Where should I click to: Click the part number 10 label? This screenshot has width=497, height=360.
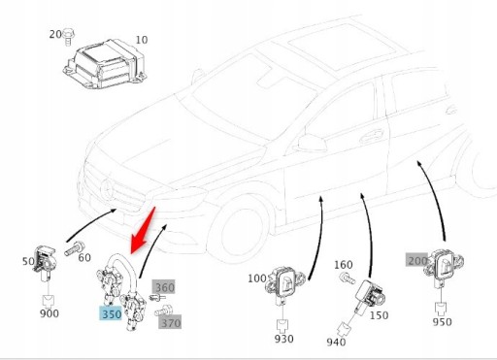(142, 40)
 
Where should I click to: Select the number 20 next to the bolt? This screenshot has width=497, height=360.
(55, 34)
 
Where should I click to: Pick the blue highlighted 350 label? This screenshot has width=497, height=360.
(110, 314)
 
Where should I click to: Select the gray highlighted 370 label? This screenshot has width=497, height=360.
(171, 322)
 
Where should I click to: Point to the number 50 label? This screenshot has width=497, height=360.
(28, 263)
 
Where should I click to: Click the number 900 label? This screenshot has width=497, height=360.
(50, 312)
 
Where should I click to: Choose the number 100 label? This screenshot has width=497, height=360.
(256, 278)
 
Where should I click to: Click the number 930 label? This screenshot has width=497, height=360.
(282, 339)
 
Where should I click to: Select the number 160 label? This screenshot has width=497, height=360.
(343, 264)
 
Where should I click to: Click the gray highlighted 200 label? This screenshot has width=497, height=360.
(416, 260)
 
